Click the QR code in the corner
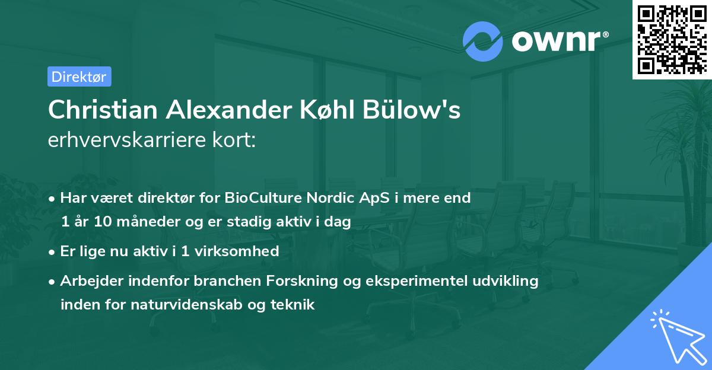pos(672,39)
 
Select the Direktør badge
pos(79,76)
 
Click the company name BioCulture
pos(263,198)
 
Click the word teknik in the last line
pos(294,305)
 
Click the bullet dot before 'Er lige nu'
pos(52,251)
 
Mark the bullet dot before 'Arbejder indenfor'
pos(52,281)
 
